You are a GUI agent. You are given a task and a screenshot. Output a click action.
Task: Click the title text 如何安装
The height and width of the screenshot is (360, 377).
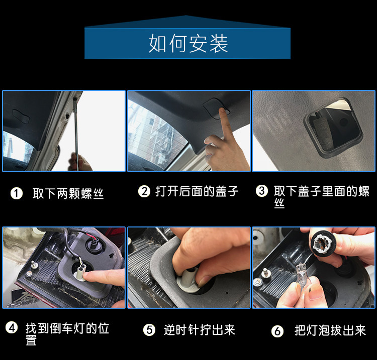(188, 44)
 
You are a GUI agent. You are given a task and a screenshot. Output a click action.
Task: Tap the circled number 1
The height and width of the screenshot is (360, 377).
(17, 193)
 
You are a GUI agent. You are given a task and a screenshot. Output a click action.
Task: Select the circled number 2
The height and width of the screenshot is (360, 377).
(144, 191)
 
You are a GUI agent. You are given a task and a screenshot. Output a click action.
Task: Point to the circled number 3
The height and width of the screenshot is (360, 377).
(261, 191)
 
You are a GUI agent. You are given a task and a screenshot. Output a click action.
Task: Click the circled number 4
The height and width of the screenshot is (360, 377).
(12, 328)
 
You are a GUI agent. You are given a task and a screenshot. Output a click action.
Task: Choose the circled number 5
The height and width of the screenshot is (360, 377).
(149, 330)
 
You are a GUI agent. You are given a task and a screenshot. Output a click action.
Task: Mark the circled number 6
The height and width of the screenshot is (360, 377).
(277, 331)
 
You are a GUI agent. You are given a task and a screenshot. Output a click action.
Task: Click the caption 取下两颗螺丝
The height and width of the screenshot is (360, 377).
(68, 193)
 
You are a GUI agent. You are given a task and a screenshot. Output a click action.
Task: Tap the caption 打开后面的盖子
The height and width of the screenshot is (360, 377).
(197, 191)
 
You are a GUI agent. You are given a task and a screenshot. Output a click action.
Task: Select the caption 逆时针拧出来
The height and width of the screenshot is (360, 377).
(200, 330)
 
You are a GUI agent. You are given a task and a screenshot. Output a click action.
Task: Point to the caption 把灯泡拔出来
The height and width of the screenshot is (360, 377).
(330, 330)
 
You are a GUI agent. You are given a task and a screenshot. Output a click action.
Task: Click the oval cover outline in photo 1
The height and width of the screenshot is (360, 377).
(21, 116)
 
